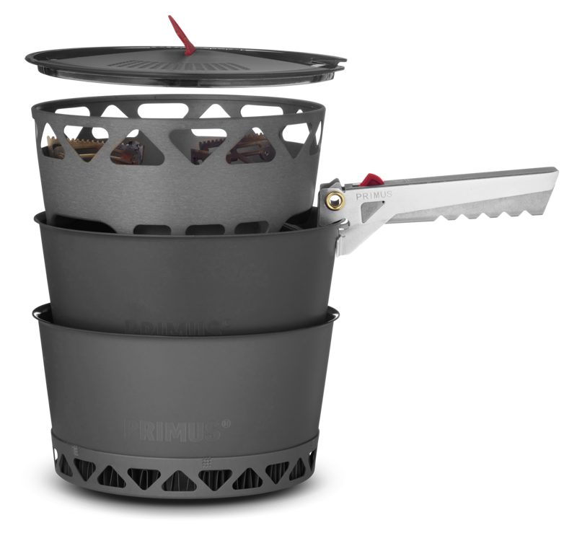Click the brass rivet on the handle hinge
334,200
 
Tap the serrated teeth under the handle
476,214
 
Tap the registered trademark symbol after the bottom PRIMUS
226,424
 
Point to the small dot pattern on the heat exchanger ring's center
207,461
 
